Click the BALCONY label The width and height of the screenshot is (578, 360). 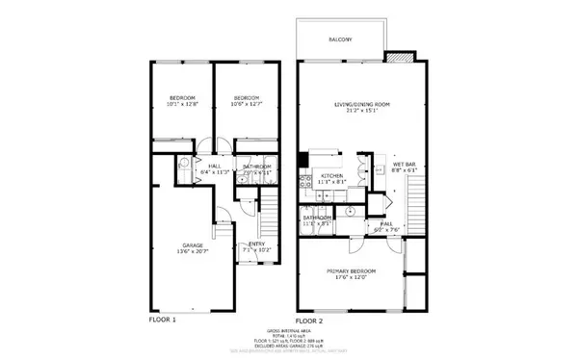(338, 39)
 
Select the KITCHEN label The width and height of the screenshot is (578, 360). (331, 175)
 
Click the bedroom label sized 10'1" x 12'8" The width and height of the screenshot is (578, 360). (182, 98)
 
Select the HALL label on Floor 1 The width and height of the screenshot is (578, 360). (216, 166)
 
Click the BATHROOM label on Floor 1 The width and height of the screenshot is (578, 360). (256, 167)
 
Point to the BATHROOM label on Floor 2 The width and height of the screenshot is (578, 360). (317, 219)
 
